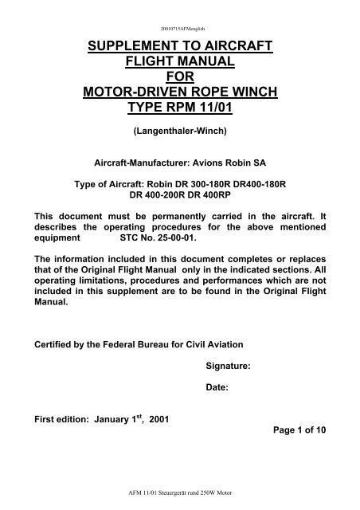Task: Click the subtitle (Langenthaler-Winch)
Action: pyautogui.click(x=179, y=147)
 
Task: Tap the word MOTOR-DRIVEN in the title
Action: pyautogui.click(x=139, y=103)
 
